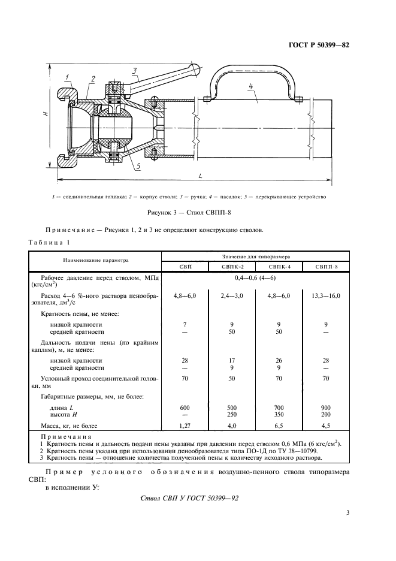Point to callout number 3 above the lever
click(x=135, y=71)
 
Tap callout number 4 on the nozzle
click(x=252, y=86)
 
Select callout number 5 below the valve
click(x=138, y=167)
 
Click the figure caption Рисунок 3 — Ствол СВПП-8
click(x=198, y=212)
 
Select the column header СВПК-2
click(x=232, y=267)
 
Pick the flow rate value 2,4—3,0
click(x=232, y=295)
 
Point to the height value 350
click(x=279, y=414)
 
